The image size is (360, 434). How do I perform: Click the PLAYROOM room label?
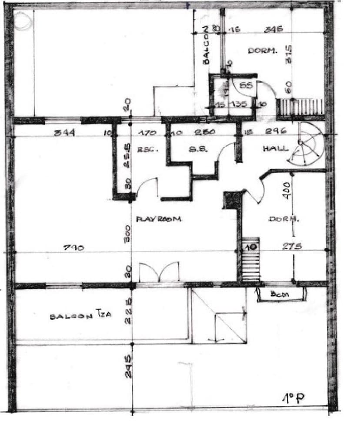pos(159,219)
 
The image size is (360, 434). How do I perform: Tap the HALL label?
pos(275,148)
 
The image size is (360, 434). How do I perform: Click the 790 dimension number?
pos(73,247)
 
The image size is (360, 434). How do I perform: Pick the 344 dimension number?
pos(64,132)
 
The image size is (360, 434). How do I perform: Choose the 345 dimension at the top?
pos(273,29)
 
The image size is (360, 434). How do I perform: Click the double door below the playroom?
pos(159,272)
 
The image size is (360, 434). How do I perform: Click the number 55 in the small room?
pos(246,86)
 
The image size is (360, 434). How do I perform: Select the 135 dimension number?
pos(238,104)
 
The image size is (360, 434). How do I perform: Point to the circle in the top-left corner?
pos(23,20)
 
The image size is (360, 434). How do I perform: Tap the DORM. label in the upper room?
pos(263,50)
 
